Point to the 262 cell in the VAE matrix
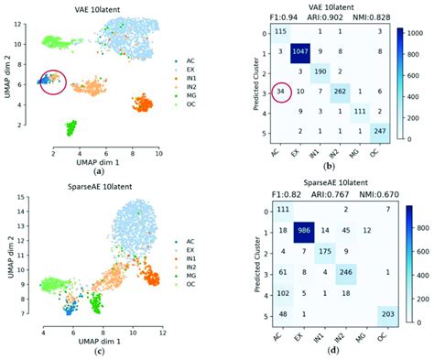(341, 92)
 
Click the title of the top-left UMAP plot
(96, 6)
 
